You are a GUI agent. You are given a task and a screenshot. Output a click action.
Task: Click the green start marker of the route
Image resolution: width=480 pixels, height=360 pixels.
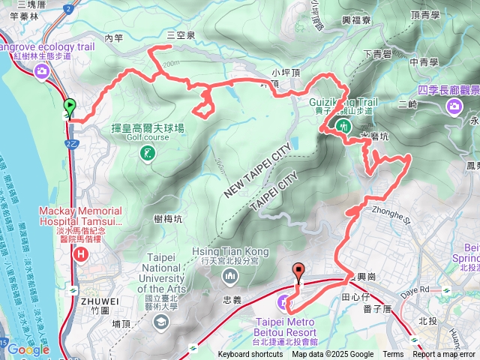click(70, 107)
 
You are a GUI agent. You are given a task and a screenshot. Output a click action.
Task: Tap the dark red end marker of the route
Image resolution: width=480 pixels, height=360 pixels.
click(299, 272)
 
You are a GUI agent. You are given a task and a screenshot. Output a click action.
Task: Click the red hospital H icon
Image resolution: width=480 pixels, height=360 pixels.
click(82, 255)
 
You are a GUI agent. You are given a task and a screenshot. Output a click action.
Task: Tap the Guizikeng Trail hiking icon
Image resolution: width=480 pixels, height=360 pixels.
click(343, 126)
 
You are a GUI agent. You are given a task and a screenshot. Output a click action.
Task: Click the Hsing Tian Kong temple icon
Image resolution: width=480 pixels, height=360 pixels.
click(229, 277)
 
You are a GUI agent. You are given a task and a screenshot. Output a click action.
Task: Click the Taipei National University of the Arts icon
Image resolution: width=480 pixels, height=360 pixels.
click(160, 322)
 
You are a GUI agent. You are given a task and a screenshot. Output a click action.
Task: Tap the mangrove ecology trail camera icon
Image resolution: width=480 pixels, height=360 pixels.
click(42, 72)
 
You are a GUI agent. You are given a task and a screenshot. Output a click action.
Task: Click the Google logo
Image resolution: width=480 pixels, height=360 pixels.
click(28, 349)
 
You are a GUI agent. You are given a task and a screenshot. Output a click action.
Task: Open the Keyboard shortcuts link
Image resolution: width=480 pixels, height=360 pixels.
click(250, 355)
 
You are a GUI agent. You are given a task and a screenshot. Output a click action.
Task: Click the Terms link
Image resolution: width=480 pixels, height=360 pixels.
click(393, 355)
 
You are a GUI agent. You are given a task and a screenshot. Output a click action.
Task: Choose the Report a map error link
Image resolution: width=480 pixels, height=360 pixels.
click(444, 355)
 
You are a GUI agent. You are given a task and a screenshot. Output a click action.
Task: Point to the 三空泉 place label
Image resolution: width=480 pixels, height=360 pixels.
click(181, 35)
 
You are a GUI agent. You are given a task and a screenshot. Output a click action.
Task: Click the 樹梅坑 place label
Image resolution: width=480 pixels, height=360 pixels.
click(168, 219)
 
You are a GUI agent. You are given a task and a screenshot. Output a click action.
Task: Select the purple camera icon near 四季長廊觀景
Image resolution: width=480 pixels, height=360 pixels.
click(454, 106)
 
